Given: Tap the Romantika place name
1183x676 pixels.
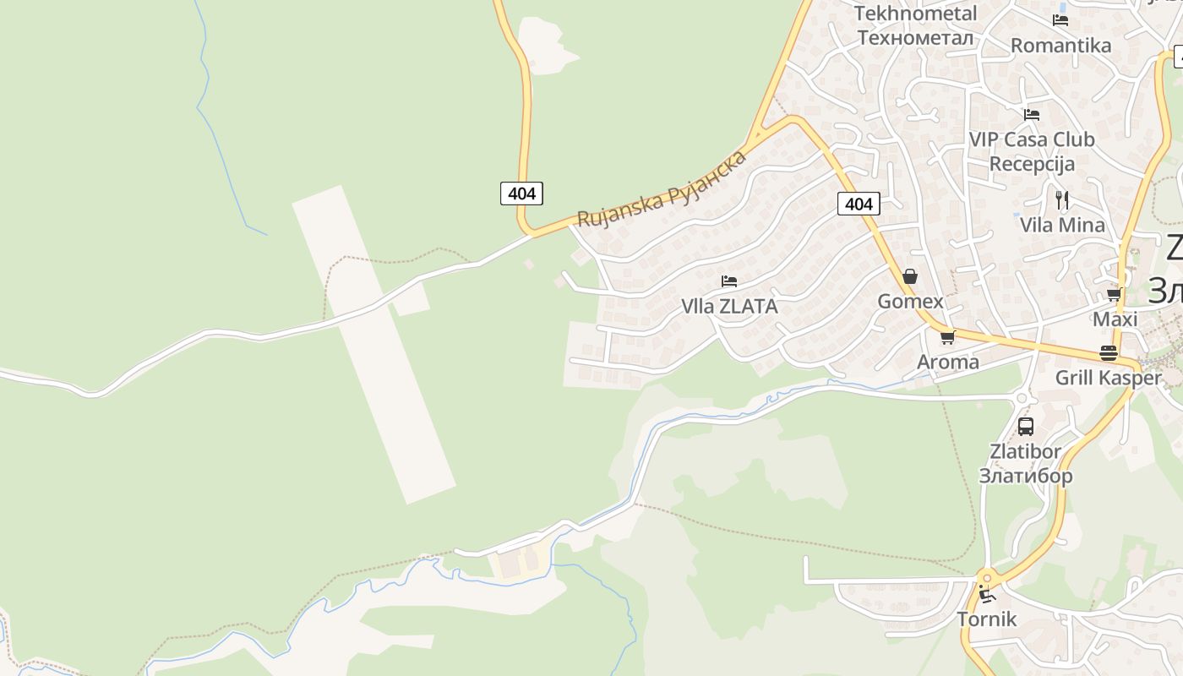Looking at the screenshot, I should pyautogui.click(x=1060, y=46).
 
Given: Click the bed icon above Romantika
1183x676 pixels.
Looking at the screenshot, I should pyautogui.click(x=1060, y=19).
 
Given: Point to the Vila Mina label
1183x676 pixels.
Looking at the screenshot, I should pyautogui.click(x=1062, y=226).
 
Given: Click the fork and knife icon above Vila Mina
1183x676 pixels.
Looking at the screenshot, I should pyautogui.click(x=1062, y=200).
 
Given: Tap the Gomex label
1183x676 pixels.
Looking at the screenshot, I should pyautogui.click(x=910, y=302).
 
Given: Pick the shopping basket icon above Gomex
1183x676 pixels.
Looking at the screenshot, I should pyautogui.click(x=910, y=276).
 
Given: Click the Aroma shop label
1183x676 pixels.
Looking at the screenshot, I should pyautogui.click(x=948, y=363).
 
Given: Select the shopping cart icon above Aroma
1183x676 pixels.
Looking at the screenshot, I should pyautogui.click(x=947, y=337).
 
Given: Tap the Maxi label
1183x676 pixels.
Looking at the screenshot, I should pyautogui.click(x=1115, y=319).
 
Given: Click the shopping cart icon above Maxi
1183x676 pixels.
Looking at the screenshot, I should pyautogui.click(x=1115, y=295).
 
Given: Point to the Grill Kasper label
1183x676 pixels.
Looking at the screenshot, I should pyautogui.click(x=1108, y=378).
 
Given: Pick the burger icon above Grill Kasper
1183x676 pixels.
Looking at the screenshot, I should pyautogui.click(x=1108, y=353).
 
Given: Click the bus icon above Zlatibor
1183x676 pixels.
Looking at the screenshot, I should pyautogui.click(x=1026, y=427).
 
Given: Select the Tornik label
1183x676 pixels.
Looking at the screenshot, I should pyautogui.click(x=986, y=619).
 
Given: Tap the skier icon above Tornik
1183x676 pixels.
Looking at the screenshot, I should pyautogui.click(x=985, y=594).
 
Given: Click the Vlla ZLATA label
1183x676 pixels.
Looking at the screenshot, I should pyautogui.click(x=729, y=307).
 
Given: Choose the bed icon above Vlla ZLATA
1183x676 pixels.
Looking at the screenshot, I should pyautogui.click(x=729, y=281).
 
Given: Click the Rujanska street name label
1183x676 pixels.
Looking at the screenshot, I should pyautogui.click(x=662, y=189).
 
